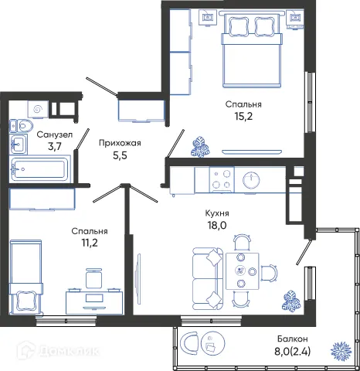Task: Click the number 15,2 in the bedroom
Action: pos(243,118)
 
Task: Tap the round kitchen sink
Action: pos(252,180)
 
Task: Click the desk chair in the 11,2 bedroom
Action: pos(93,277)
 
